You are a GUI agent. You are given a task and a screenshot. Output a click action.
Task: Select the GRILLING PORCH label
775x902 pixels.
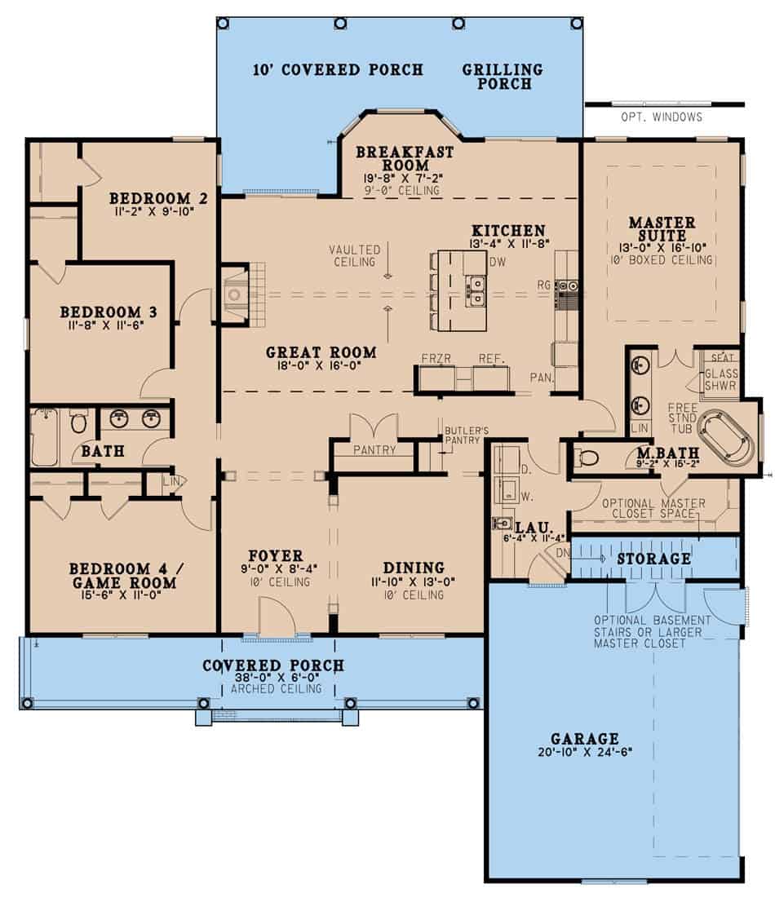click(503, 77)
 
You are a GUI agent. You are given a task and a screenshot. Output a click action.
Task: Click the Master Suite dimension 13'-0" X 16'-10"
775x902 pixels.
click(662, 246)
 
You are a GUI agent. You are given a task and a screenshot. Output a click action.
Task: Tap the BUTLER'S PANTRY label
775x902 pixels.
click(465, 435)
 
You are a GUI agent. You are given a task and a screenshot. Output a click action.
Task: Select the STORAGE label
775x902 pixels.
click(654, 559)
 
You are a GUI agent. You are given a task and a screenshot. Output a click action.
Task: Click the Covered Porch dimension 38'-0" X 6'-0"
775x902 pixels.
click(273, 678)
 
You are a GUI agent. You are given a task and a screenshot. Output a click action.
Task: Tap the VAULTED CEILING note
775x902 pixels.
click(355, 255)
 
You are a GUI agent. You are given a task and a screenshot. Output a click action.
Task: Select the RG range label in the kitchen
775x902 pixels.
click(545, 285)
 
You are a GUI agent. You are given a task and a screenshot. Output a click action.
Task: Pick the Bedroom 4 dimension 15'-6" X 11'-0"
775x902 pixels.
click(123, 597)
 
